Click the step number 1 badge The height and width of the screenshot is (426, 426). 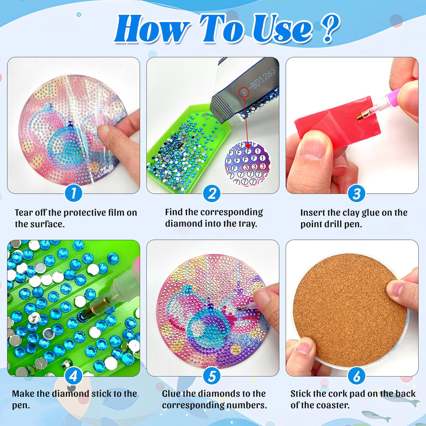(x=73, y=193)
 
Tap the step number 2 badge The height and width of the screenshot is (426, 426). (x=212, y=193)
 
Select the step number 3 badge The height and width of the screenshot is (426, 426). (x=357, y=193)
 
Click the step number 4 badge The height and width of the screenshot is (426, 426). (x=73, y=376)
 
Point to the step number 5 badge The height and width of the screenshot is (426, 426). (x=212, y=376)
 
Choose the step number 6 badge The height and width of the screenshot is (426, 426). (x=357, y=376)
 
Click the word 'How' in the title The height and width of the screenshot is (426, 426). (x=152, y=29)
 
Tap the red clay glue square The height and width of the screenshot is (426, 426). (x=337, y=116)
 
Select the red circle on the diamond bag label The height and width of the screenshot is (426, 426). (x=244, y=93)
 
